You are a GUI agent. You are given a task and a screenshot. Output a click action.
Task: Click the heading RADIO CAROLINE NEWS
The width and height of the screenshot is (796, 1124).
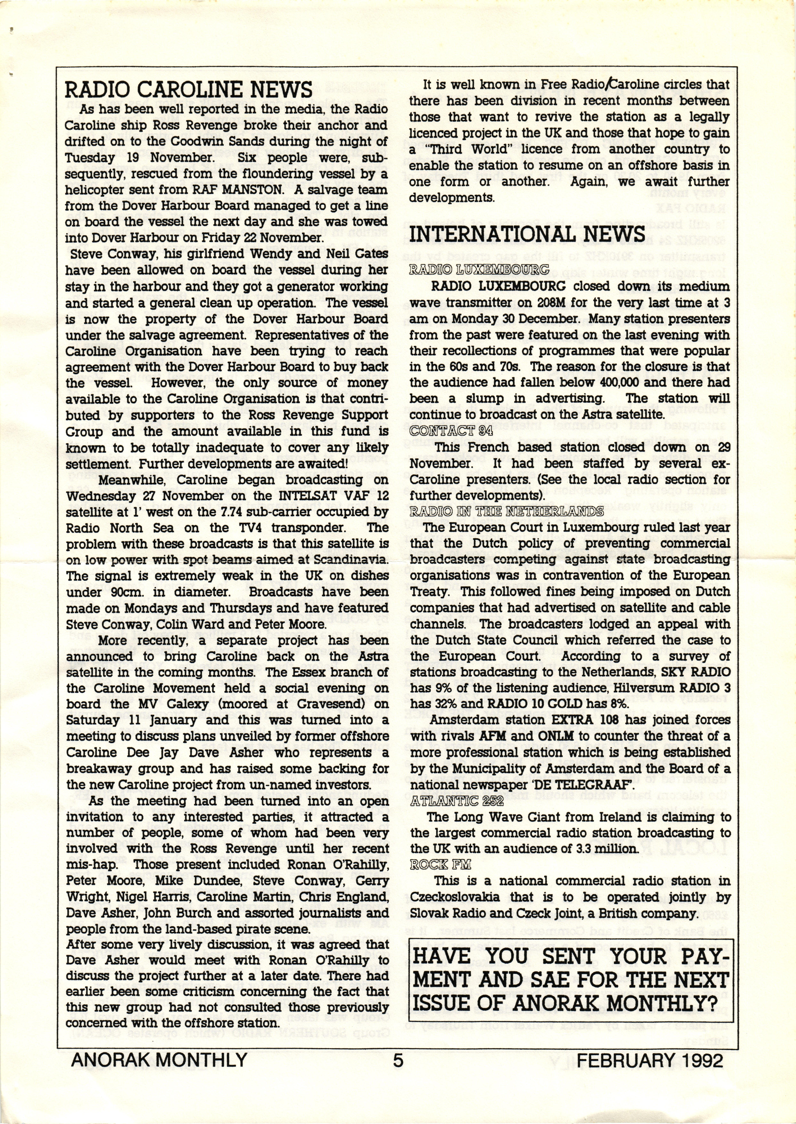coord(189,90)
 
